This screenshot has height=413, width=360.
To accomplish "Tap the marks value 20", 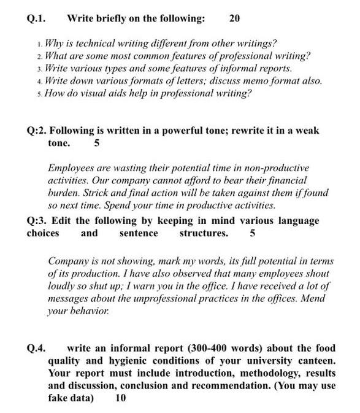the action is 234,18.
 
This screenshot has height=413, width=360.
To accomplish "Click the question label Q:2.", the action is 37,131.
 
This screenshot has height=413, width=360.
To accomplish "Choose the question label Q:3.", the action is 37,220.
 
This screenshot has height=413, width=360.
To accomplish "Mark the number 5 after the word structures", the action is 253,233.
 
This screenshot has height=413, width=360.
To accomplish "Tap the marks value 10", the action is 121,398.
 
